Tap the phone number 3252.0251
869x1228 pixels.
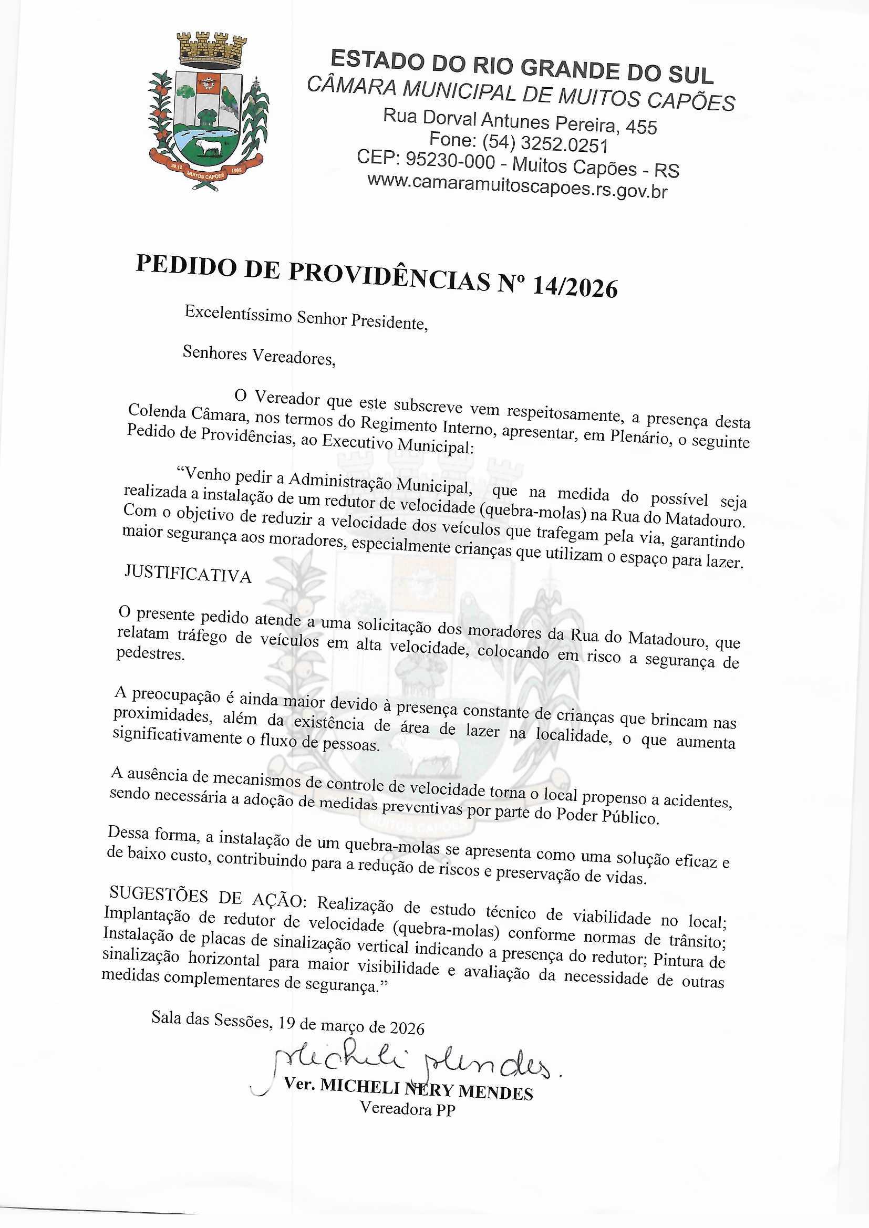pyautogui.click(x=564, y=144)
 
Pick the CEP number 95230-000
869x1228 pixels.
pyautogui.click(x=450, y=160)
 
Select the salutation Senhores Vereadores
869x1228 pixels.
pyautogui.click(x=259, y=355)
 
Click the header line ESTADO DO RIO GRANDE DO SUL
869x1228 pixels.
pyautogui.click(x=522, y=67)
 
